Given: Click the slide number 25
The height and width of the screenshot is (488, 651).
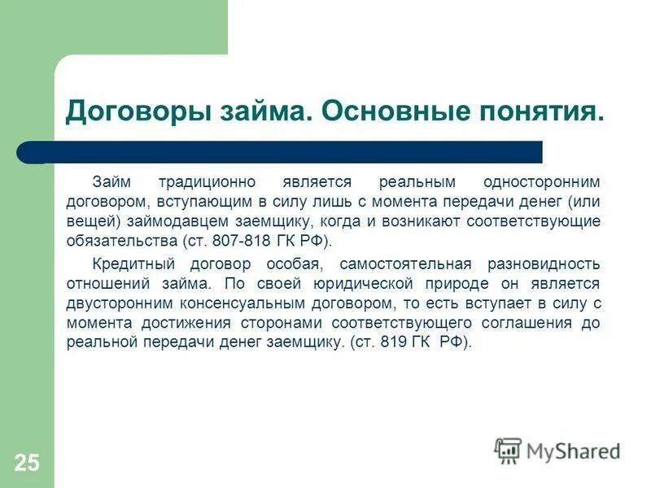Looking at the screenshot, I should (26, 464).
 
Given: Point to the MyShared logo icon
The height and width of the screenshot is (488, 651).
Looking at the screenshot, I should (508, 450).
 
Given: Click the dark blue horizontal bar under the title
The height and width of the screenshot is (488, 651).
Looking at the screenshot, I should (285, 152).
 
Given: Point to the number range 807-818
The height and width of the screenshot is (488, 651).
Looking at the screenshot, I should (237, 242).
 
